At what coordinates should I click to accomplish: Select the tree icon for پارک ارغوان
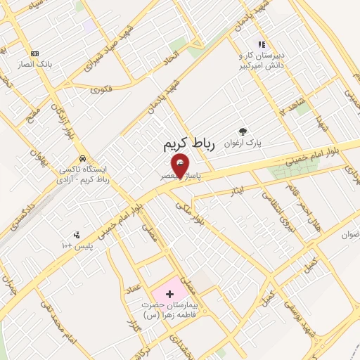coord(243,131)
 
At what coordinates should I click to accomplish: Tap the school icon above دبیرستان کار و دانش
coord(262,44)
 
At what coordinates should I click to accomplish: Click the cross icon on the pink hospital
coord(169,292)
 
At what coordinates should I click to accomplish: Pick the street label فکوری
coord(101,89)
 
